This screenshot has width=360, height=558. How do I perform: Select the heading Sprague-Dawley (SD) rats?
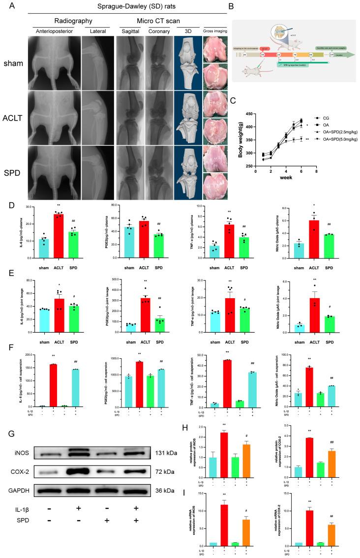click(127, 5)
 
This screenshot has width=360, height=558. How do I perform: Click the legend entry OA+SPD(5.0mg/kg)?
click(339, 139)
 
